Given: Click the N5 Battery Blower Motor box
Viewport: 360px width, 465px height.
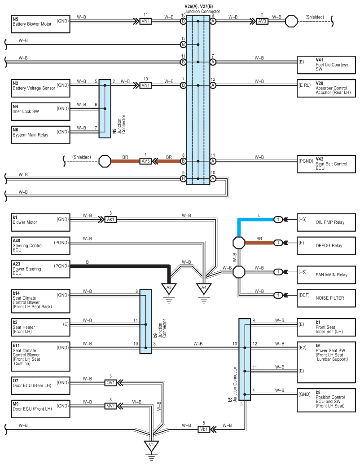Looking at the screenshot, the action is [40, 24].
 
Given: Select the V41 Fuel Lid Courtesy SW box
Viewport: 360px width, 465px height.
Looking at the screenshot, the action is [326, 65].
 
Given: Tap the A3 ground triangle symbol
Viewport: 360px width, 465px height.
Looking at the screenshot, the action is [169, 288].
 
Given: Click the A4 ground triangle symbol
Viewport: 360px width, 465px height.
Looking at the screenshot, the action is [204, 288].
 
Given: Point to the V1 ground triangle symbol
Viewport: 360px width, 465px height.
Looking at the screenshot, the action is [151, 446].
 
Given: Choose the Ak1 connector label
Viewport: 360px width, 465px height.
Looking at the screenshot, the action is [110, 219].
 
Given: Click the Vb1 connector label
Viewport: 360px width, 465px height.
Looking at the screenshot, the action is [204, 429].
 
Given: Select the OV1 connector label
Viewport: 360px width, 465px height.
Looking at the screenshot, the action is [110, 382].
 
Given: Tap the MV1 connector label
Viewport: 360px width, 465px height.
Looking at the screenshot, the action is [110, 406].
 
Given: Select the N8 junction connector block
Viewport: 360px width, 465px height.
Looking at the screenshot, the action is [105, 109].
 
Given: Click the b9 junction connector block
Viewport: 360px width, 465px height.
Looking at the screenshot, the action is [145, 322].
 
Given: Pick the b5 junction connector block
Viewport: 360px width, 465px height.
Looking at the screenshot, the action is [245, 359].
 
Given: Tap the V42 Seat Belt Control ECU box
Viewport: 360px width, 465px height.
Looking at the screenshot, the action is [326, 164].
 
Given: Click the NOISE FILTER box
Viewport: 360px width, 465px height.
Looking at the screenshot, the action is [326, 298].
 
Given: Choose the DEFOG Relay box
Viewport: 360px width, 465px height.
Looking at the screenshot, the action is [326, 246].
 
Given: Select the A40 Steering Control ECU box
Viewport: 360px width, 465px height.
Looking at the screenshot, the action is [40, 246].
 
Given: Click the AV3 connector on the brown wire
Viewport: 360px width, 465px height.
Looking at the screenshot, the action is [145, 161].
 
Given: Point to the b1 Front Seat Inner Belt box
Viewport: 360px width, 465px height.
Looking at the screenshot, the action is [326, 328].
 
